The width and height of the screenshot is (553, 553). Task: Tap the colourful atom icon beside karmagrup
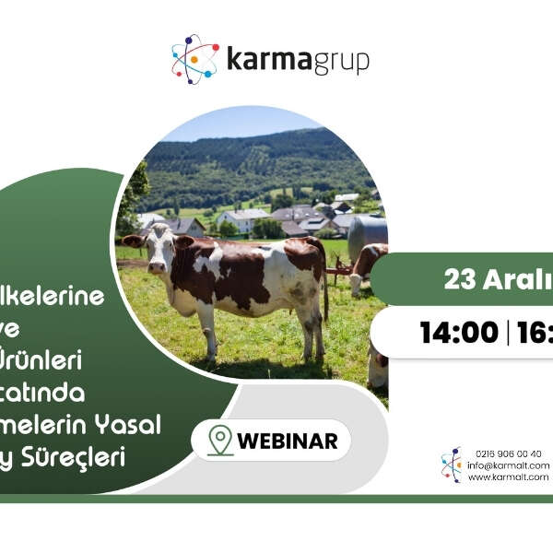194,59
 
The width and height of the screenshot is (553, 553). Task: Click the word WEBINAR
287,441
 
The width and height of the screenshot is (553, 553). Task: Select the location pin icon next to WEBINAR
219,441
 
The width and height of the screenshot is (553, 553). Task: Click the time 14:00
458,333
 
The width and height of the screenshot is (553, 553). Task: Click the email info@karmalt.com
508,465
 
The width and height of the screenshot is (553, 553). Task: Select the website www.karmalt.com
508,477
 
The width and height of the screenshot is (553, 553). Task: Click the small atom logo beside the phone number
452,465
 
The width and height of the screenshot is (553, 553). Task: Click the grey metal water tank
369,239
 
